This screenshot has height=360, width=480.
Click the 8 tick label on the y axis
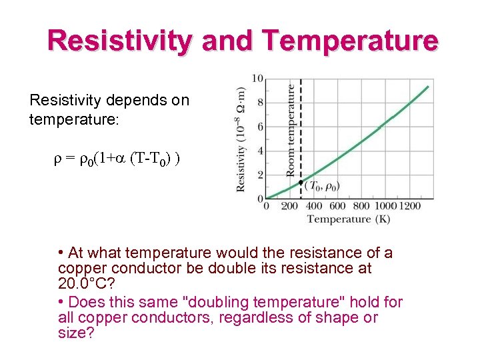(260, 103)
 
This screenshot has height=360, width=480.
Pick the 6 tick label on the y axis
(260, 127)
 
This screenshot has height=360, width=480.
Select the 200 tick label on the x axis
(289, 207)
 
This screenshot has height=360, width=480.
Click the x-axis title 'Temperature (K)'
(348, 219)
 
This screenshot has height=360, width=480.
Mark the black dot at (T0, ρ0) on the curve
(301, 182)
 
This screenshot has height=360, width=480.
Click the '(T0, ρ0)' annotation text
(322, 187)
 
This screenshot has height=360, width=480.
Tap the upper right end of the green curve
(427, 87)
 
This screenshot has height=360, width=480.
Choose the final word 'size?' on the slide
(75, 333)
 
